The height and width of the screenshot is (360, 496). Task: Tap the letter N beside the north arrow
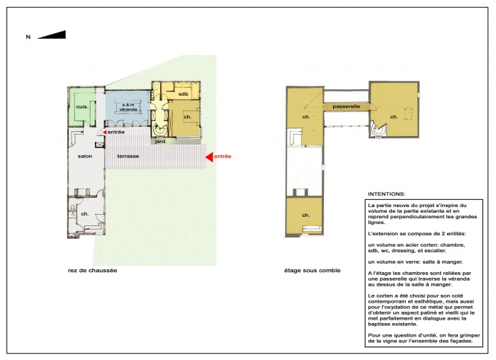(28, 36)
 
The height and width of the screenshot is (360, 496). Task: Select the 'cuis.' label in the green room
(82, 106)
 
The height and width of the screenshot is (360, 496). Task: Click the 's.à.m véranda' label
(128, 105)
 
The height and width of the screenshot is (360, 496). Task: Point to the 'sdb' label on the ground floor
(183, 94)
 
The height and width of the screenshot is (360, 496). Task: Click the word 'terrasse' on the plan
(128, 155)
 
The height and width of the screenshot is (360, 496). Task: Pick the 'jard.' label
(171, 141)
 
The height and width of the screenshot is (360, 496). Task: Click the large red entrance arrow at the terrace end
(209, 156)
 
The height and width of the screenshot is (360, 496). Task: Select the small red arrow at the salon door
(105, 133)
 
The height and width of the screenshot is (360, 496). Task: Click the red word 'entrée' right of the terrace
(222, 156)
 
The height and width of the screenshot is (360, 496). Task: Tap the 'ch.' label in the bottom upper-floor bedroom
(306, 215)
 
